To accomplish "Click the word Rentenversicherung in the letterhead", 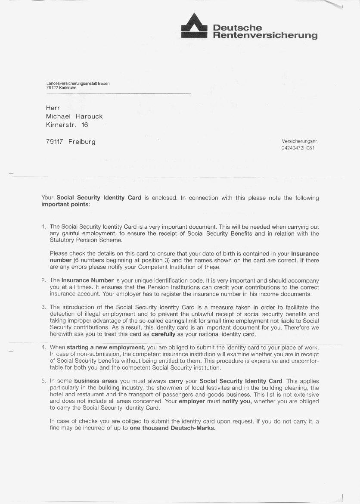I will [265, 35].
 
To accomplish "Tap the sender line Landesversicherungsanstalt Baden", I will [78, 84].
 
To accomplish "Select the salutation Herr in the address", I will [53, 108].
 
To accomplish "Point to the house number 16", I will [84, 125].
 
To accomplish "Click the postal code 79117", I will [55, 142].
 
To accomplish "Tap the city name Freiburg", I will [82, 142].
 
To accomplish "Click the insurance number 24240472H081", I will [298, 148].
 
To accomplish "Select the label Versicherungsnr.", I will [299, 141].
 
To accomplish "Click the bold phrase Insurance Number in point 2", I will [87, 280].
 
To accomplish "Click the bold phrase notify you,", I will [237, 401].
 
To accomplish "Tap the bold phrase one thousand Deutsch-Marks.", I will [172, 428].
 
